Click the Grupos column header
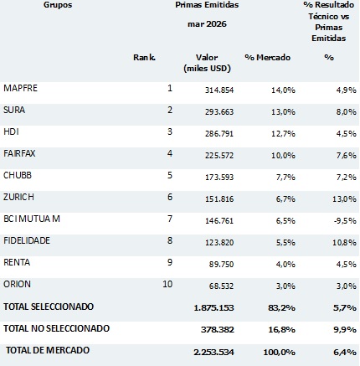(58, 5)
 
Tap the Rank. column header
(144, 57)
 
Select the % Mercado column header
(268, 57)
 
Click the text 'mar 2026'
(207, 24)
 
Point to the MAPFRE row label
(20, 88)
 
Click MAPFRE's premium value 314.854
(219, 90)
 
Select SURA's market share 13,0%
(283, 112)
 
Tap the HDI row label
(11, 131)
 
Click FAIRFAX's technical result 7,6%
(347, 156)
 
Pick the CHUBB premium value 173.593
(219, 178)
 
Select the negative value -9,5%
(345, 221)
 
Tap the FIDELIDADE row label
(27, 240)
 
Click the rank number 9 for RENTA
(170, 262)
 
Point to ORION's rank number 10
(167, 284)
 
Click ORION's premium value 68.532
(221, 286)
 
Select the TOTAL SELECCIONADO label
(49, 307)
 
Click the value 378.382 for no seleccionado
(218, 330)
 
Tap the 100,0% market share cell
(279, 353)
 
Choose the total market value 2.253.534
(213, 353)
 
